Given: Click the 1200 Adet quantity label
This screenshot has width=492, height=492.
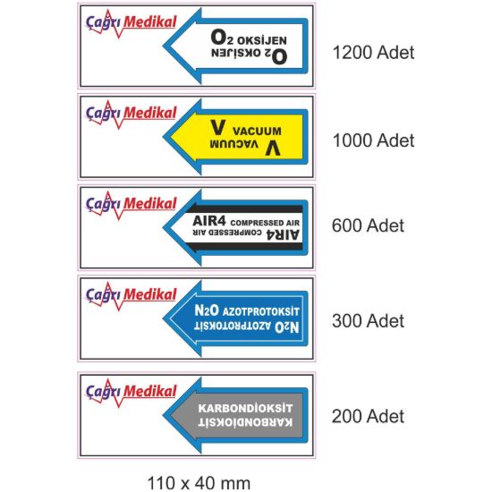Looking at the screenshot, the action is (x=373, y=53).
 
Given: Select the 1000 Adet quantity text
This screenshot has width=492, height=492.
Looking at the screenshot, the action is (x=373, y=140).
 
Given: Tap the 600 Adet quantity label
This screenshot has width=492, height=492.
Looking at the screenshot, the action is (x=368, y=225).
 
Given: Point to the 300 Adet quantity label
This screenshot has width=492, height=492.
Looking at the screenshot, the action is (x=368, y=321).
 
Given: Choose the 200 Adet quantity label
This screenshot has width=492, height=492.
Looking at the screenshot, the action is (x=368, y=416).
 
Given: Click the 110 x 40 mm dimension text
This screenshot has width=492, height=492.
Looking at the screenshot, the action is (x=199, y=483).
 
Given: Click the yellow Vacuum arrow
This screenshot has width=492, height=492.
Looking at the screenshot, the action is (x=235, y=137).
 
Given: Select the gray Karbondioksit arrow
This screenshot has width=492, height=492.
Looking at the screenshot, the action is (x=235, y=415).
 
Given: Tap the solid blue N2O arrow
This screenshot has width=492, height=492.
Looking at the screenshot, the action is (x=235, y=318).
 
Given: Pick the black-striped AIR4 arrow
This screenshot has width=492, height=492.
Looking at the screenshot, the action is (x=235, y=228).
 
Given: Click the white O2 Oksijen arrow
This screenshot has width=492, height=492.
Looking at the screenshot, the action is (x=235, y=46).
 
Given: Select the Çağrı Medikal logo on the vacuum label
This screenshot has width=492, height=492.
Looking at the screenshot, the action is (x=131, y=115).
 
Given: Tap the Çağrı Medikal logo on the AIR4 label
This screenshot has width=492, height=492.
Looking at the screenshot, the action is (x=131, y=206).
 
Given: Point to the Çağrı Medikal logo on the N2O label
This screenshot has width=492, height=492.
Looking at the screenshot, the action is (x=131, y=296).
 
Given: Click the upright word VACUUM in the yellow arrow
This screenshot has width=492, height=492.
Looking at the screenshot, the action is (x=257, y=131).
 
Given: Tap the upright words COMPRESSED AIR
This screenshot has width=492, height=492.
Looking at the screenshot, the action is (x=265, y=223).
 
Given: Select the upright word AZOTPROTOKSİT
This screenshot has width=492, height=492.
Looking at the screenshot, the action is (x=260, y=311).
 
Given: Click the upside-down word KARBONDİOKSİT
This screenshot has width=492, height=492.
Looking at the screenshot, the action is (x=245, y=422).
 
